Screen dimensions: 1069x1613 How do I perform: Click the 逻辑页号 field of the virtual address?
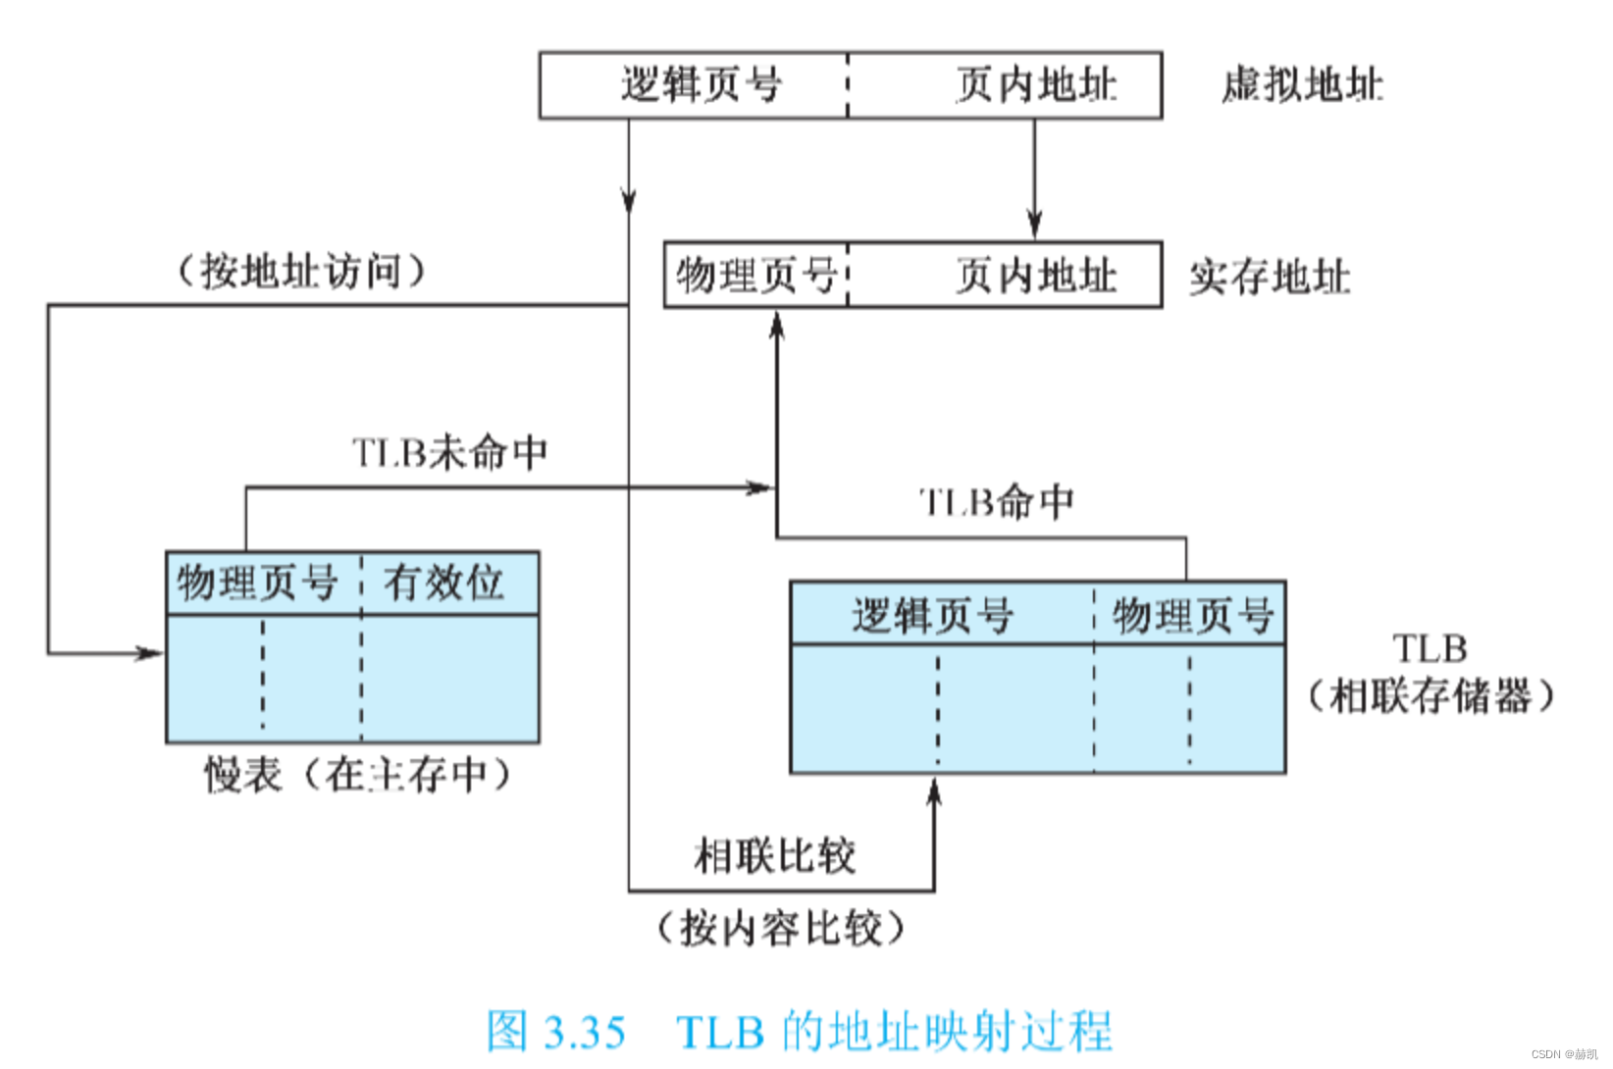(701, 85)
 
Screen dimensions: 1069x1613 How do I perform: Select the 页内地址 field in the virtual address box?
(1036, 85)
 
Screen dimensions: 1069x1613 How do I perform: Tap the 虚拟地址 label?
(1302, 85)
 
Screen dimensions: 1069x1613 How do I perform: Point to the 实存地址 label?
(1270, 278)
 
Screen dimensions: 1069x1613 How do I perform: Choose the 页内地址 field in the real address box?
(1036, 276)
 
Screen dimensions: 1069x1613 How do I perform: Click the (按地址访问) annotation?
(301, 271)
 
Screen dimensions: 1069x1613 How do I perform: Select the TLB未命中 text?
(449, 453)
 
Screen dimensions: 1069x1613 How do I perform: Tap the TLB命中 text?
(997, 502)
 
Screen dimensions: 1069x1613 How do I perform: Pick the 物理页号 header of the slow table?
(257, 583)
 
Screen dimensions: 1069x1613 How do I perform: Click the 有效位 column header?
(443, 583)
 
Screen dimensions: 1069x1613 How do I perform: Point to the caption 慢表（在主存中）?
(358, 775)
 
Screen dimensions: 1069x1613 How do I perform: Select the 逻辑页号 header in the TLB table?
(932, 616)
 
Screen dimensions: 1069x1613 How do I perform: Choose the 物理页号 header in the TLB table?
(1192, 616)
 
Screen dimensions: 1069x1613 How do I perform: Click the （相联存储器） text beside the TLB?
(1431, 696)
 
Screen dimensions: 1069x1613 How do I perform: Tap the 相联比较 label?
(775, 855)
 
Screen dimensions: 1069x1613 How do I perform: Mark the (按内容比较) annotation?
(780, 928)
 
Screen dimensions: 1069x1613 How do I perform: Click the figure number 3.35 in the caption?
(585, 1033)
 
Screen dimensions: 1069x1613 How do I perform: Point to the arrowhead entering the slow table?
(152, 653)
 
